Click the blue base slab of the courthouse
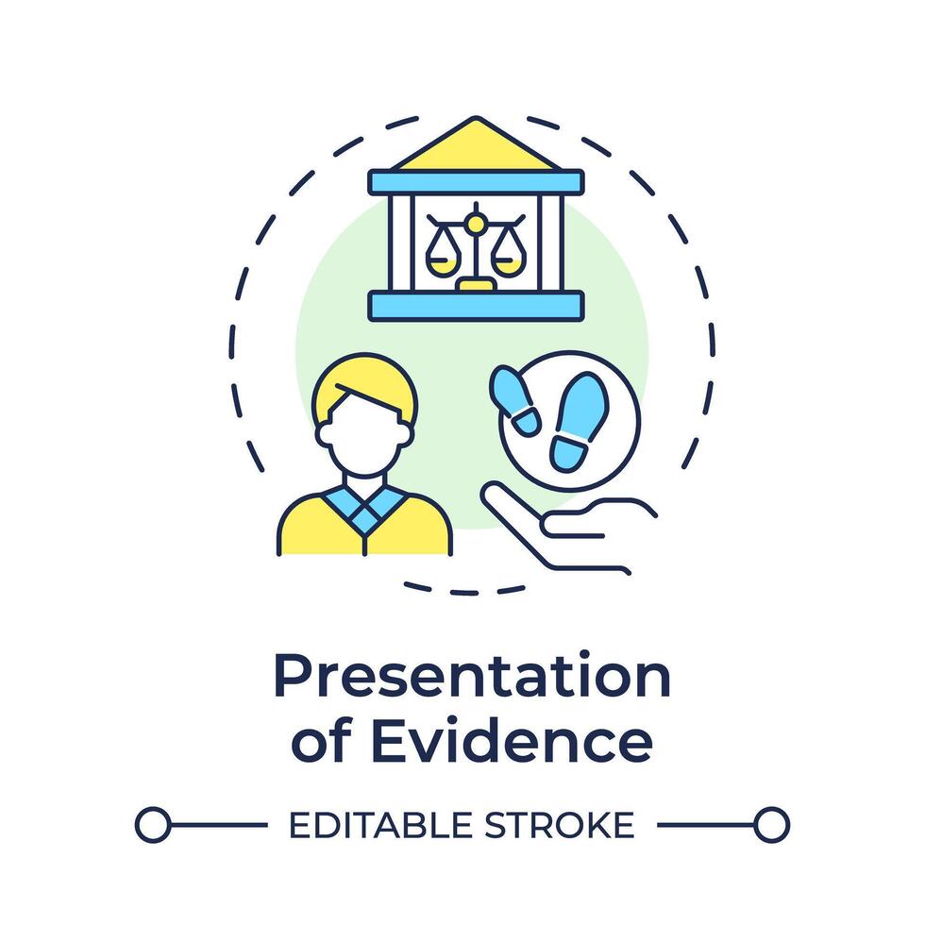pyautogui.click(x=476, y=304)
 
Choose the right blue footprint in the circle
pyautogui.click(x=579, y=421)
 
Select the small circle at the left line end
pyautogui.click(x=153, y=825)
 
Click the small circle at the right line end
pyautogui.click(x=771, y=825)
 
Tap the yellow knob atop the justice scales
pyautogui.click(x=476, y=223)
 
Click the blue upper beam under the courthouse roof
pyautogui.click(x=476, y=181)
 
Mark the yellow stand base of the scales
pyautogui.click(x=475, y=283)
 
